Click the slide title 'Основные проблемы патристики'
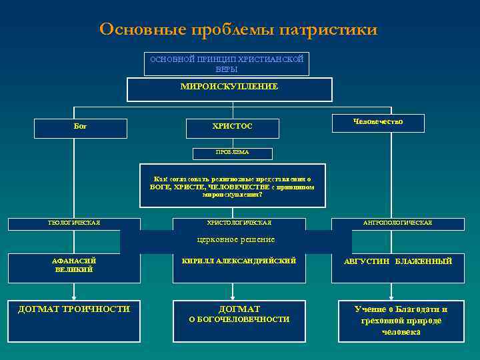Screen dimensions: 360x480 click(238, 29)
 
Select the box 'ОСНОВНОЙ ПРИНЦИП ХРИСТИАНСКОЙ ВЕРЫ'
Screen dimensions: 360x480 click(227, 64)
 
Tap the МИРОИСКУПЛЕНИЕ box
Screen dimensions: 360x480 click(229, 89)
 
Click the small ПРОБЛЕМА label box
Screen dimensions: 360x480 click(232, 153)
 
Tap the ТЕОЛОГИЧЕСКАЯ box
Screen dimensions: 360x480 click(74, 223)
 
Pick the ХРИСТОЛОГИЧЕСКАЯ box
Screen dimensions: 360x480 click(239, 223)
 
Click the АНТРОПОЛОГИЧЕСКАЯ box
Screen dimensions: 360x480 click(397, 223)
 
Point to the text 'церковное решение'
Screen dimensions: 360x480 click(236, 239)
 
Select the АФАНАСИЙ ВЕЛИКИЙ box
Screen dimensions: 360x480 click(74, 265)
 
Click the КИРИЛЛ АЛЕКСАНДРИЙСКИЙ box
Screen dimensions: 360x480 click(239, 263)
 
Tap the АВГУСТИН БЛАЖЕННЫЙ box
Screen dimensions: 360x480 click(397, 263)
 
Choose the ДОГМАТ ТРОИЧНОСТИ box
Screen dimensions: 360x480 click(74, 320)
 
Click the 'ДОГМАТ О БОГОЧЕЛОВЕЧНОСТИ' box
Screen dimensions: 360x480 click(239, 321)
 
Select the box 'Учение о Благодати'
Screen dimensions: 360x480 click(401, 321)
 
